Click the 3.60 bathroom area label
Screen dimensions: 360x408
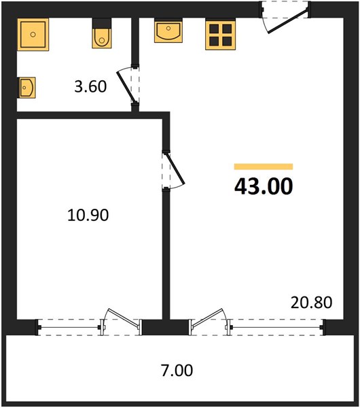point(90,86)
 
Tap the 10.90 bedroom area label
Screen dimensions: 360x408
point(88,216)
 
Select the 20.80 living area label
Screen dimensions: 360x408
point(311,303)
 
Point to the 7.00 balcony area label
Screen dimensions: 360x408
point(177,371)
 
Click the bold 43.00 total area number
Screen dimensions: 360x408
point(264,186)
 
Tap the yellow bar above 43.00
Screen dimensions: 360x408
point(264,167)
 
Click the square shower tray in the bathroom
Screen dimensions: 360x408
point(33,35)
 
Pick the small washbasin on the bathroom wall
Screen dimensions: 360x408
point(26,88)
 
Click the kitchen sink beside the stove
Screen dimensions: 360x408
point(168,31)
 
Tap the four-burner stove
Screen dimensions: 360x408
point(221,35)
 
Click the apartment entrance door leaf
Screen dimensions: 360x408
point(288,20)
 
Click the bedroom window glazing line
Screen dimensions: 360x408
point(69,327)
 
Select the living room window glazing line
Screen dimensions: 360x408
point(277,327)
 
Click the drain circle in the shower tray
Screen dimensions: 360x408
point(33,35)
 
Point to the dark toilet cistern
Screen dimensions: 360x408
point(102,23)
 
